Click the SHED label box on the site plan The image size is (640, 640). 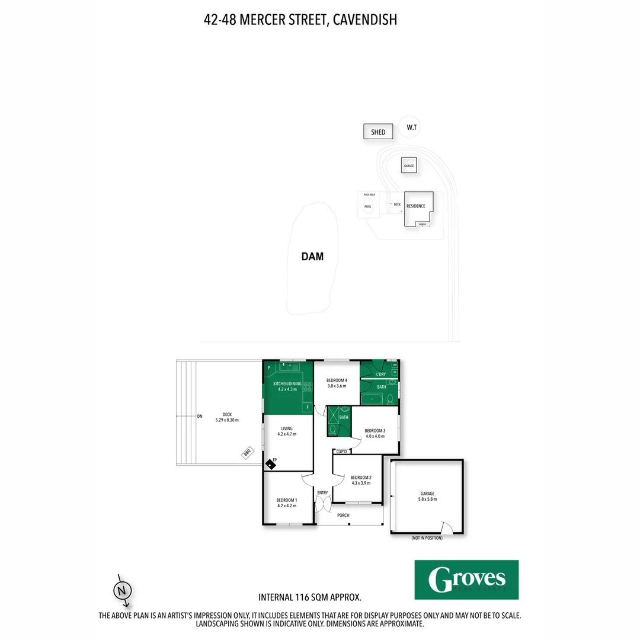pos(378,132)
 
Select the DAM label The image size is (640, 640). pos(312,257)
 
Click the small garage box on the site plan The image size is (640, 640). pos(408,165)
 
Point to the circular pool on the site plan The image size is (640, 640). pos(368,206)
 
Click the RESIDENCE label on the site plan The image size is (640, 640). pos(415,206)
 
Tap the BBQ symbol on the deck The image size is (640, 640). pos(248,453)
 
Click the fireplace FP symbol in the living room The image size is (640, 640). pos(270,463)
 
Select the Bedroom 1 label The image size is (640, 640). pos(287,500)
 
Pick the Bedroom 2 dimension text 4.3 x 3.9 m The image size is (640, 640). pos(361,483)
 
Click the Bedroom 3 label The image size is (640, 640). pos(375,430)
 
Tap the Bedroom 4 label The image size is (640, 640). pos(337,380)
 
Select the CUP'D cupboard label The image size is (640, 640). pos(341,452)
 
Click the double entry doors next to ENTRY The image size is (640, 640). pos(323,504)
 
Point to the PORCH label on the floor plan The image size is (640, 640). pos(344,516)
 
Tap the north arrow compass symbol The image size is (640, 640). pos(122,590)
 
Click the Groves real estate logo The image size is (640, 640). pos(466,580)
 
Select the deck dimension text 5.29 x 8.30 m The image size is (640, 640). pos(227,420)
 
